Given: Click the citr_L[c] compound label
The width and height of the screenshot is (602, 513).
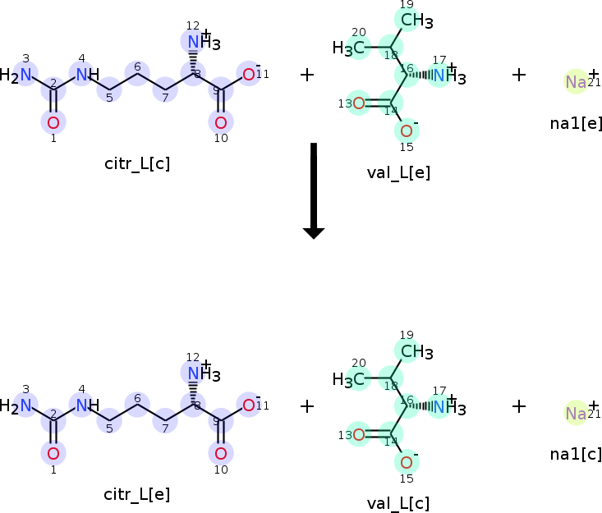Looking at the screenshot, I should coord(137,163).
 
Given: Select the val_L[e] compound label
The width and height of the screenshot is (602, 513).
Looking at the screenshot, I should coord(398,172).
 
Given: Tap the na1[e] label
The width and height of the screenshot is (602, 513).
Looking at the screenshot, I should coord(577,123).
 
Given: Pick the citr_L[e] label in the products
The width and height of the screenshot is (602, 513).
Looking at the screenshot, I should coord(137,494).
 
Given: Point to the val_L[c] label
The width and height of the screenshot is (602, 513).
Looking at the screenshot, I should coord(398,503).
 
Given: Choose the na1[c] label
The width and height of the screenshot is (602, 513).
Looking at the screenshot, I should coord(577,453).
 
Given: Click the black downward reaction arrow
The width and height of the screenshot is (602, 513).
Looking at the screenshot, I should coord(314,190).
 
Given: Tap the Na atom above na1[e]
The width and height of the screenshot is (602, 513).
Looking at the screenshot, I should coord(576,82).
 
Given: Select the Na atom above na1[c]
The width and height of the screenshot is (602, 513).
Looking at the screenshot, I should coord(576,414).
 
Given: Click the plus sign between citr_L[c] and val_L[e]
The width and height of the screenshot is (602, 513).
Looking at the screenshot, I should coord(307,75).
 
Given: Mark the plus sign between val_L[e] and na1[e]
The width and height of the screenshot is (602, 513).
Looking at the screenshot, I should coord(518,75).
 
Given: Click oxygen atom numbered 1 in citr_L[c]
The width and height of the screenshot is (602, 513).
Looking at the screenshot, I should coord(53,123).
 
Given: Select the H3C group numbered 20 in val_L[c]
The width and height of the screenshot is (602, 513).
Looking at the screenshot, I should coord(348,380).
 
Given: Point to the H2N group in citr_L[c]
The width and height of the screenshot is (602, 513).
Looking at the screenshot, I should coord(20,76).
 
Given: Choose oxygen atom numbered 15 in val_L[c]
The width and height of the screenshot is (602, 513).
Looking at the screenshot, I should coord(407,462).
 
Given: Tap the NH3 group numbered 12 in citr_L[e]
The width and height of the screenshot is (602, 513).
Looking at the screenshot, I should coord(198,373).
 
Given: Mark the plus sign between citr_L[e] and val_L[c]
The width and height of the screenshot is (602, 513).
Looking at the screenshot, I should coord(307,405).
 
